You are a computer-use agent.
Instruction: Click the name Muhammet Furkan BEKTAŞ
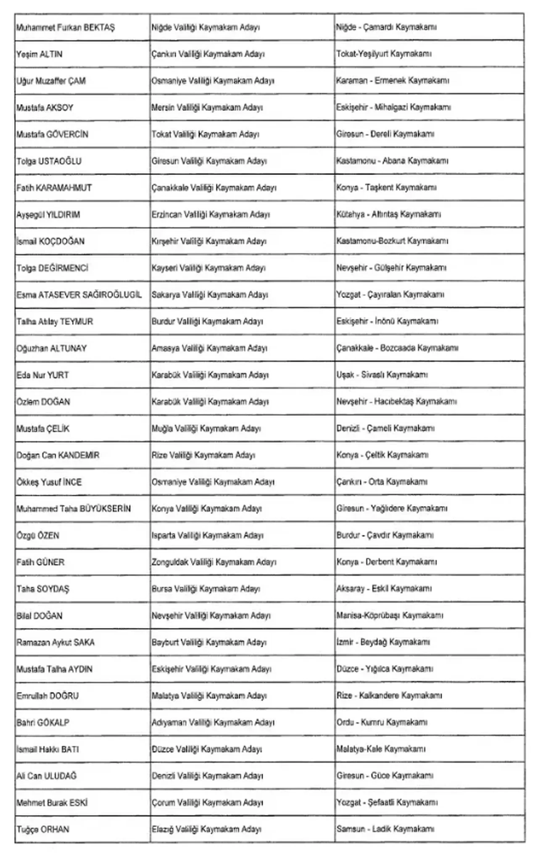66,28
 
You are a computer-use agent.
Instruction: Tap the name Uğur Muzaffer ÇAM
51,81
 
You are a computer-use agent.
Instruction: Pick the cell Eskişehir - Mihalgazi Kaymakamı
393,108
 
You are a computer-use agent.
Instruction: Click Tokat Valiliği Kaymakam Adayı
206,134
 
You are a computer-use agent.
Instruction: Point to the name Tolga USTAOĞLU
49,161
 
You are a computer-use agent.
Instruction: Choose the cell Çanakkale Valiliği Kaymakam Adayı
214,188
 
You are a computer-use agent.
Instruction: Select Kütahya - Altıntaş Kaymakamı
388,215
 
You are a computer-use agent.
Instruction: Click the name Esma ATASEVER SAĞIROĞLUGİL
79,295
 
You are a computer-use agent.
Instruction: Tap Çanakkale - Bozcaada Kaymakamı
397,348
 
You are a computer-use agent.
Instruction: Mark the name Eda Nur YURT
42,375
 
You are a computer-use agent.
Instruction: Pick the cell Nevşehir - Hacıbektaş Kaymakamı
396,402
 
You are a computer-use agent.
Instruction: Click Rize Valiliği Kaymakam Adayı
203,455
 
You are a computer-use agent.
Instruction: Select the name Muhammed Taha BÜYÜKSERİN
74,509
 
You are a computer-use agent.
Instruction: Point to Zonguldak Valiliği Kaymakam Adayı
214,562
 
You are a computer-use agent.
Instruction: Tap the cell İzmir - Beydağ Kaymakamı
383,642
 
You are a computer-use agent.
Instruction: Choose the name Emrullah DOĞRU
47,696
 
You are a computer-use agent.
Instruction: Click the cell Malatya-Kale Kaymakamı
381,749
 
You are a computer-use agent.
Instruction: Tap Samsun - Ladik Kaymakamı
385,829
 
